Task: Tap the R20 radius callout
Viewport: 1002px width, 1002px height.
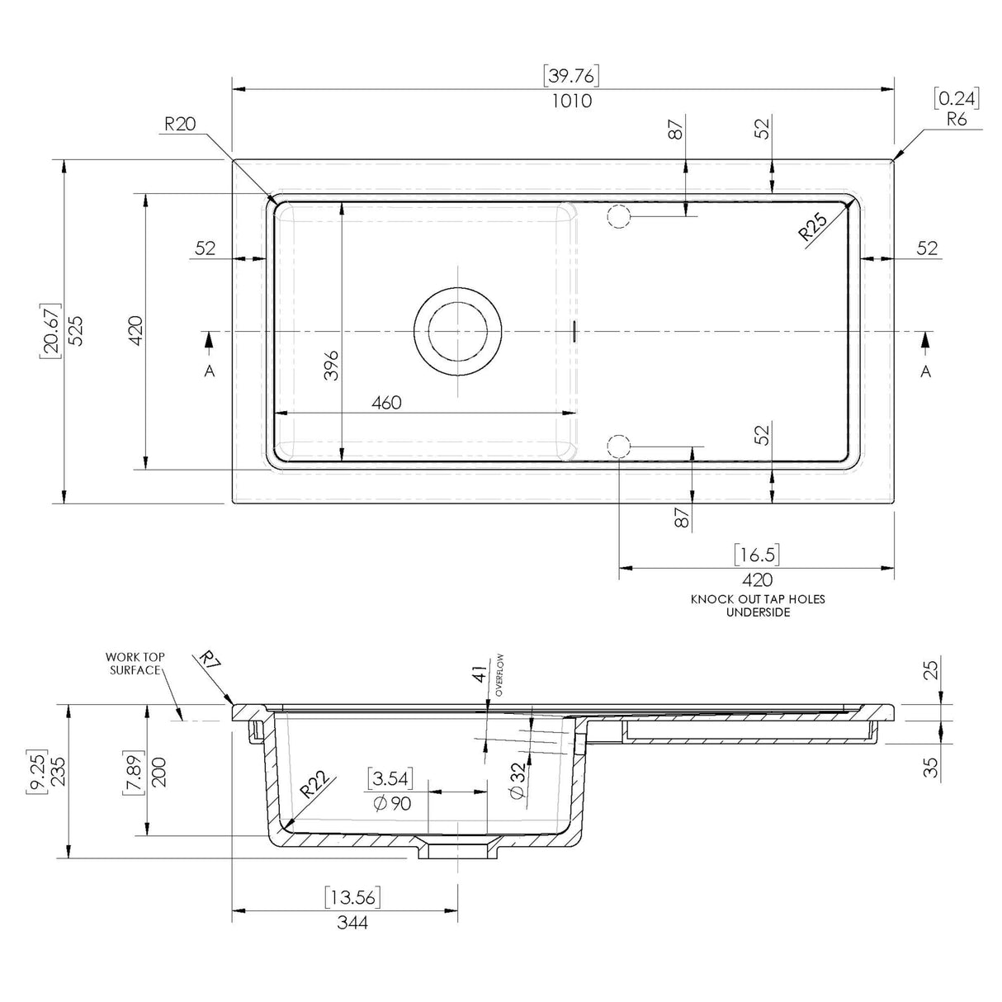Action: [x=179, y=125]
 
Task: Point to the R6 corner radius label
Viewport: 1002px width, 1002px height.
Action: [x=957, y=119]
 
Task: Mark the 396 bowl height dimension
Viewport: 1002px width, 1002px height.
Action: [x=331, y=365]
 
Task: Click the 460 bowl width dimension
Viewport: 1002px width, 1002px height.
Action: [x=386, y=403]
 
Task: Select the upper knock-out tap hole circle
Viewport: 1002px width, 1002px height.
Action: [x=619, y=217]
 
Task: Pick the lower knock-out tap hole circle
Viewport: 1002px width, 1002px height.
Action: [x=619, y=447]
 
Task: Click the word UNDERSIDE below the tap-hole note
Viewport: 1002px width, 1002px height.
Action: [x=758, y=612]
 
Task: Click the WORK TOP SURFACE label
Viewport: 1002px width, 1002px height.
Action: [x=135, y=664]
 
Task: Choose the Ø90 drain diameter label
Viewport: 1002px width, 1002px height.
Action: [x=392, y=803]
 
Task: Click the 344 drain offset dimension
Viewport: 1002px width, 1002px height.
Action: [x=353, y=922]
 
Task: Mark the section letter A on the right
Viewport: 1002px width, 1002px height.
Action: [x=926, y=371]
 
